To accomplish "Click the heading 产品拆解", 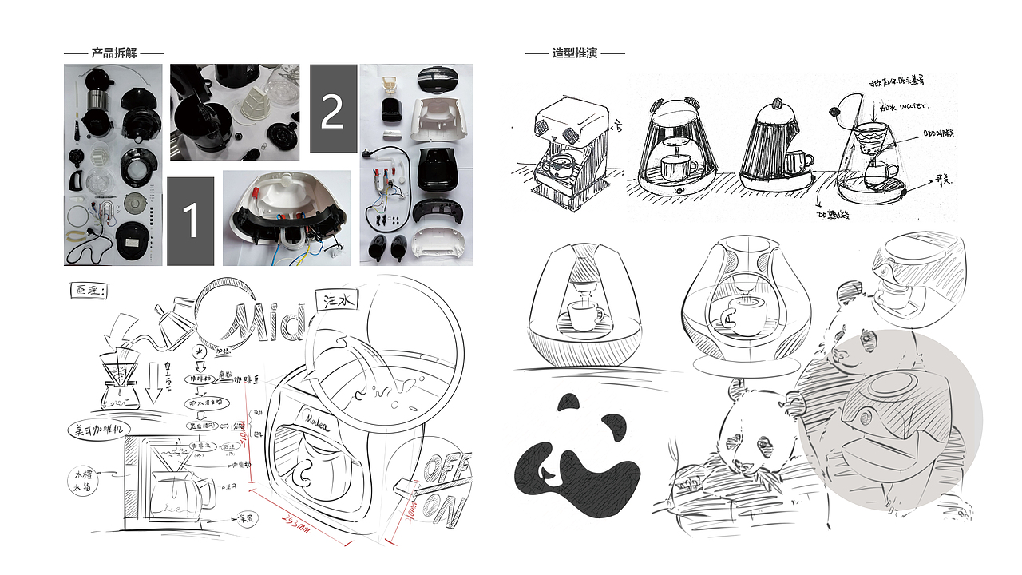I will pyautogui.click(x=114, y=54).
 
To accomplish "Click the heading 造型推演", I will pyautogui.click(x=574, y=54).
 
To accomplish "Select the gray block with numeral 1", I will pyautogui.click(x=191, y=221).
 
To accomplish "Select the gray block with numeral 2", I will pyautogui.click(x=333, y=109).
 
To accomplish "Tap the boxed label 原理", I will pyautogui.click(x=89, y=290).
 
